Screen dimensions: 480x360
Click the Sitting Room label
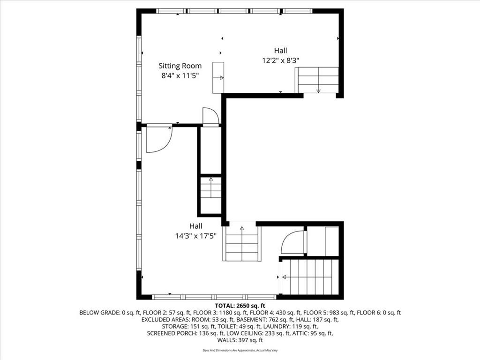pyautogui.click(x=180, y=66)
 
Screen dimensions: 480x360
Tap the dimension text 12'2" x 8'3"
pyautogui.click(x=280, y=60)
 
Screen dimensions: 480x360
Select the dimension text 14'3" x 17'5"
pyautogui.click(x=195, y=236)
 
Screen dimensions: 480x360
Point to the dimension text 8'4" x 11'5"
pyautogui.click(x=180, y=75)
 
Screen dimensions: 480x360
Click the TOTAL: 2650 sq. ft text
pyautogui.click(x=240, y=306)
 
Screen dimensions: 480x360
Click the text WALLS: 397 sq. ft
pyautogui.click(x=240, y=340)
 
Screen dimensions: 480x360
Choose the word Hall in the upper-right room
pyautogui.click(x=280, y=51)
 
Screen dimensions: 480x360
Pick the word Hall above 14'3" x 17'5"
pyautogui.click(x=195, y=226)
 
